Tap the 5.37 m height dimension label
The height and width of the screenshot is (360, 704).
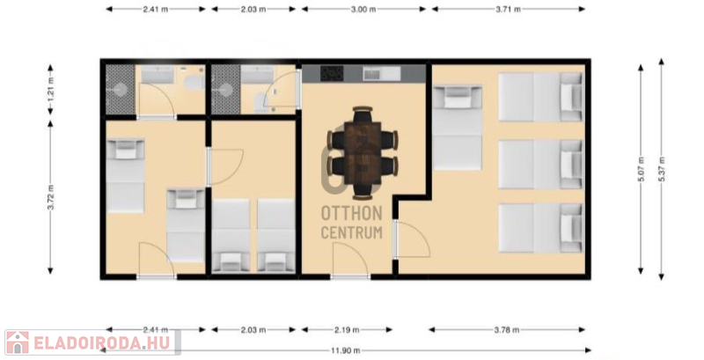[662, 169]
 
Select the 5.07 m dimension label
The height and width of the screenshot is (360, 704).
[641, 169]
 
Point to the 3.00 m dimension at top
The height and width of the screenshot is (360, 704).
[363, 9]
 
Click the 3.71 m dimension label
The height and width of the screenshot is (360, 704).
[509, 9]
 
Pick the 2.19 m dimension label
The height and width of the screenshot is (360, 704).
[347, 330]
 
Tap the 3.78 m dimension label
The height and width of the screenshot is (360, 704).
[507, 330]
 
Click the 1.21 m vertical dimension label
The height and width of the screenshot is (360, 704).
[50, 89]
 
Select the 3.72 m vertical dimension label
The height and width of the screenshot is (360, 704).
[50, 197]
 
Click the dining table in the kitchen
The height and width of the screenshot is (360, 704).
[363, 153]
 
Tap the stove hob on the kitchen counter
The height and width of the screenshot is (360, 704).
[332, 74]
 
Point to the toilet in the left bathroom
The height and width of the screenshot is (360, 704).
[195, 83]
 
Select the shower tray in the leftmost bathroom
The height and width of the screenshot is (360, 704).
[121, 89]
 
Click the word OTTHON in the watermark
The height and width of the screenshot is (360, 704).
[351, 214]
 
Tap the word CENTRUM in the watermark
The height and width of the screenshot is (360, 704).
[351, 232]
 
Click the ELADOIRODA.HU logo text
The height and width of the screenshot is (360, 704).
[102, 343]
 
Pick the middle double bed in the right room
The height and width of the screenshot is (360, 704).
[541, 165]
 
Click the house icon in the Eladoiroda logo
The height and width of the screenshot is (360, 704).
[17, 343]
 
